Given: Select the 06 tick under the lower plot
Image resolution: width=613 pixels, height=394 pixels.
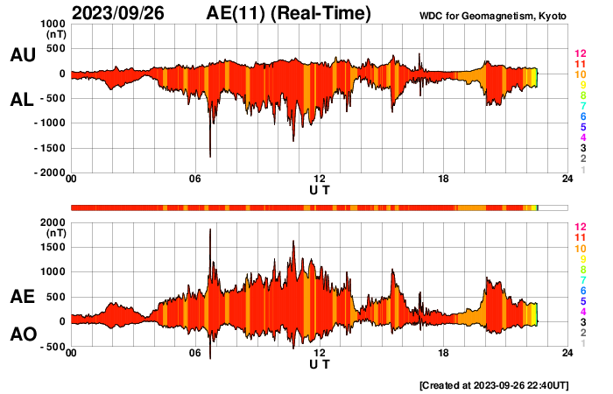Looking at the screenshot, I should point(195,354).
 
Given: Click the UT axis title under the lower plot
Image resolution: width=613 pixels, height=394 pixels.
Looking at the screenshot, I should point(320,364).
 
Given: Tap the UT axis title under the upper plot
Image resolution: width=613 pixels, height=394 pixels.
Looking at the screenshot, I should point(320,190).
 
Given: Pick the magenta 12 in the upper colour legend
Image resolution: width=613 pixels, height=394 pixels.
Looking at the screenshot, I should point(580,54).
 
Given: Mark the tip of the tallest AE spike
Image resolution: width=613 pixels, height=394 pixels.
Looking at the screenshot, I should point(210,229).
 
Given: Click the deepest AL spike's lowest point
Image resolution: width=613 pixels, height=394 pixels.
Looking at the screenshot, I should point(210,157).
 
